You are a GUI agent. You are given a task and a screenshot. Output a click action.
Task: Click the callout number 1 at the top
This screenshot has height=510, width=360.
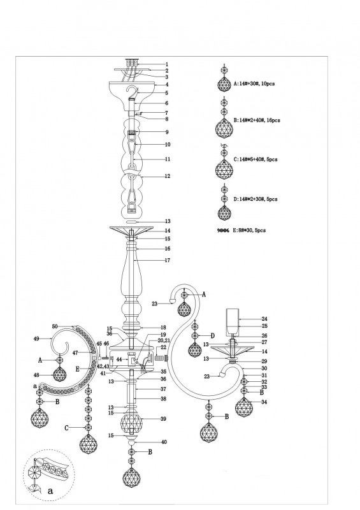(167, 64)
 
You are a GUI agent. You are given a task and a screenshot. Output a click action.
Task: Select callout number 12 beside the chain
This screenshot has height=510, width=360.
(168, 177)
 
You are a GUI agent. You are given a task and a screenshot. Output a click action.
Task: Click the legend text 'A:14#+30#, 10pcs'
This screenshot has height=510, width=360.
(254, 84)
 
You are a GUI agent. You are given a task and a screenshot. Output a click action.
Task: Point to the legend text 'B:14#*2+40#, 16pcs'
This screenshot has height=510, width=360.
(257, 120)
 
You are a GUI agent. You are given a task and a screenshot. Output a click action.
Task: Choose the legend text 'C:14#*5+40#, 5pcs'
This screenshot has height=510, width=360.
(256, 159)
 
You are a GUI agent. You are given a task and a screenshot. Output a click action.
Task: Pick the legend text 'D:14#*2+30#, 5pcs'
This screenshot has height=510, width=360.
(256, 199)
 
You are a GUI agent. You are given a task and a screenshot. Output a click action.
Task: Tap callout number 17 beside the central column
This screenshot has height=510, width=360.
(168, 260)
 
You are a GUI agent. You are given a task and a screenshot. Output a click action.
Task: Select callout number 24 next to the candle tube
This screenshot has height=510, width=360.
(264, 319)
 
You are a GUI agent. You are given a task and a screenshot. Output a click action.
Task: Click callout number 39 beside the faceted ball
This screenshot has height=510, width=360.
(163, 419)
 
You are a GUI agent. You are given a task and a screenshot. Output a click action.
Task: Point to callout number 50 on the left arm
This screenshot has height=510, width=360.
(55, 326)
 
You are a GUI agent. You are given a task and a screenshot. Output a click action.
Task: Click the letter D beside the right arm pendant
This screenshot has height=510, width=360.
(213, 336)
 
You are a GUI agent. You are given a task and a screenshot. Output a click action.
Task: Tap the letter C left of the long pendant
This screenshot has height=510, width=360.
(66, 428)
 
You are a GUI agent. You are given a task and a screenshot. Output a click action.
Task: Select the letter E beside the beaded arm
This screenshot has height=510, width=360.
(77, 369)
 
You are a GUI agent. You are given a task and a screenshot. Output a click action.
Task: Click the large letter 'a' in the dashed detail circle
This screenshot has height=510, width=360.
(50, 491)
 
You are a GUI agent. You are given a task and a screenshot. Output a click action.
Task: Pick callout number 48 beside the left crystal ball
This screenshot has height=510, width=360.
(36, 375)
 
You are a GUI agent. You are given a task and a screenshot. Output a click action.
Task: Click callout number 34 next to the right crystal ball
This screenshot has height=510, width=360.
(264, 402)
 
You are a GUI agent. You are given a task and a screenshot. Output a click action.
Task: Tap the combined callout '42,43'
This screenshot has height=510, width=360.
(103, 367)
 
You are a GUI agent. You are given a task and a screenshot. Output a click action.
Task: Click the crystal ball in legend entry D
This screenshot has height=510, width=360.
(224, 213)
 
